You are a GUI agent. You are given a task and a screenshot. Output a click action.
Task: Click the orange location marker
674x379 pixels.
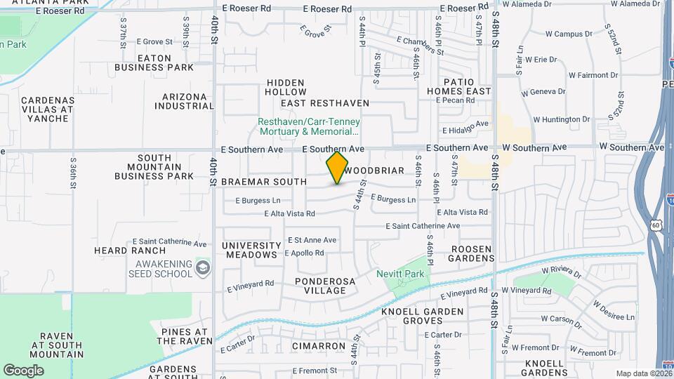pos(337,168)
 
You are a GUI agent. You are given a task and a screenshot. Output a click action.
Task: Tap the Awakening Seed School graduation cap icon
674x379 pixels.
pos(203,267)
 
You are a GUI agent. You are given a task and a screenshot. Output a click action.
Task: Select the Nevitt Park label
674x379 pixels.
pos(401,273)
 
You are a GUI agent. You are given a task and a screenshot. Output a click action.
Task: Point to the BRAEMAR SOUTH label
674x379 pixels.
pos(264,182)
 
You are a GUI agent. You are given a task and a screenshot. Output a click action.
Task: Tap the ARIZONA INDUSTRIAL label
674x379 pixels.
pos(184,101)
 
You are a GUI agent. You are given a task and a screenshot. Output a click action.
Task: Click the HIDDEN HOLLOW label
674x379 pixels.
pos(286,87)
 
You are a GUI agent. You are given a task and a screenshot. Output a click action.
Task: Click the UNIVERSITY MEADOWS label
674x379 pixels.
pos(251,250)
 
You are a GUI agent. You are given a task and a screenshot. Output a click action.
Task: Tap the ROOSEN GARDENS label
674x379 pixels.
pos(462,253)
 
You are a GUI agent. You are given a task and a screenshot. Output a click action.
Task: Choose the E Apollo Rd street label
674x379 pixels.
pos(304,253)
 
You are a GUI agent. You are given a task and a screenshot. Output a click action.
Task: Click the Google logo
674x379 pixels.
pos(23,371)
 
